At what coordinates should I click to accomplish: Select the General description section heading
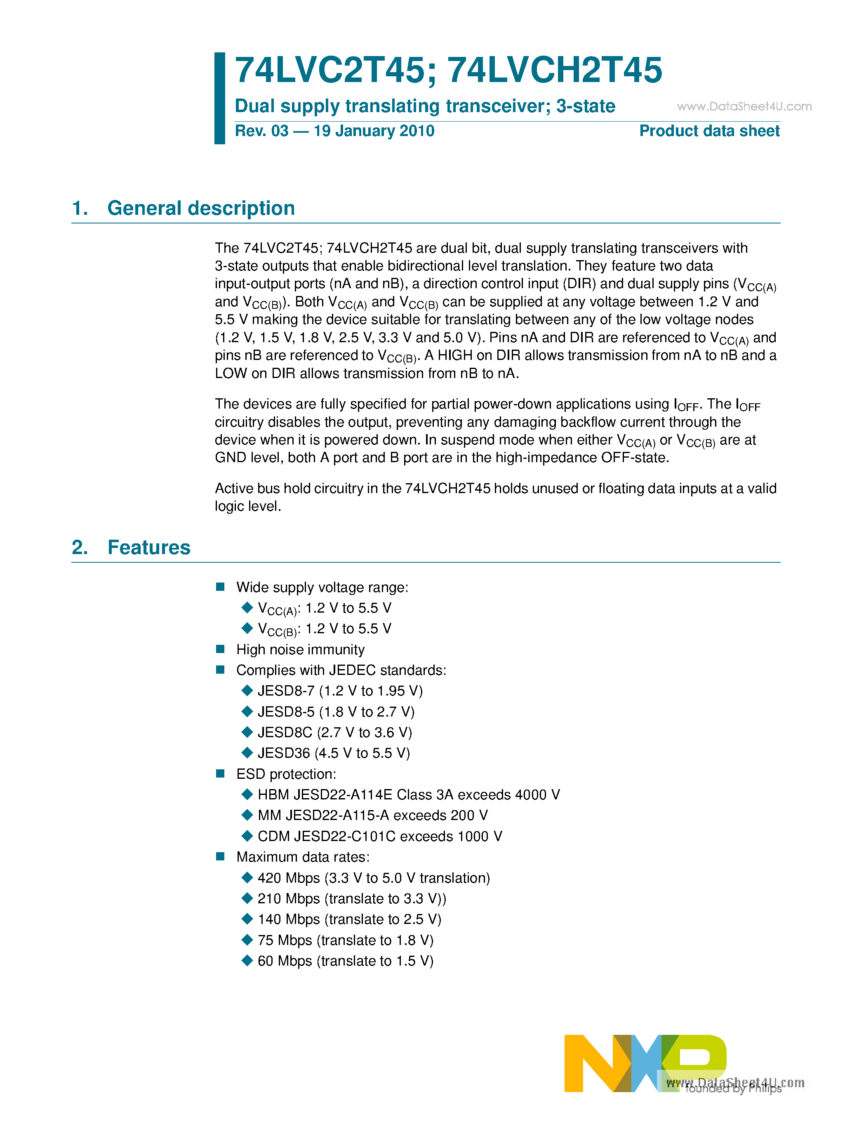pos(201,208)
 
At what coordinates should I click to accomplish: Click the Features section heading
pos(149,548)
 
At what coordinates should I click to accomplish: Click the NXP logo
pos(645,1063)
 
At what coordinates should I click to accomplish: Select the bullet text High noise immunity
pos(300,650)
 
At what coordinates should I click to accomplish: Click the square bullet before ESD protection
pos(221,774)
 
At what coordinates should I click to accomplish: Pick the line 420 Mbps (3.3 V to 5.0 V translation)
pos(374,878)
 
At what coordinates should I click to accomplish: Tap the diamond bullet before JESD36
pos(247,753)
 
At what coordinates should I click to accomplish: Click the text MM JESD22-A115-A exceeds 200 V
pos(373,815)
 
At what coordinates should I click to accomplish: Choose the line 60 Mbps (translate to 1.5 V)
pos(346,961)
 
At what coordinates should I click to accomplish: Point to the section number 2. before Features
pos(80,548)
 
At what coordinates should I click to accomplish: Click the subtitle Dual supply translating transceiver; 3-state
pos(424,106)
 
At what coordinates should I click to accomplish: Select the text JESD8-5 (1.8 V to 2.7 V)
pos(336,712)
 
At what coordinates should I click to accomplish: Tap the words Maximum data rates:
pos(303,857)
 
